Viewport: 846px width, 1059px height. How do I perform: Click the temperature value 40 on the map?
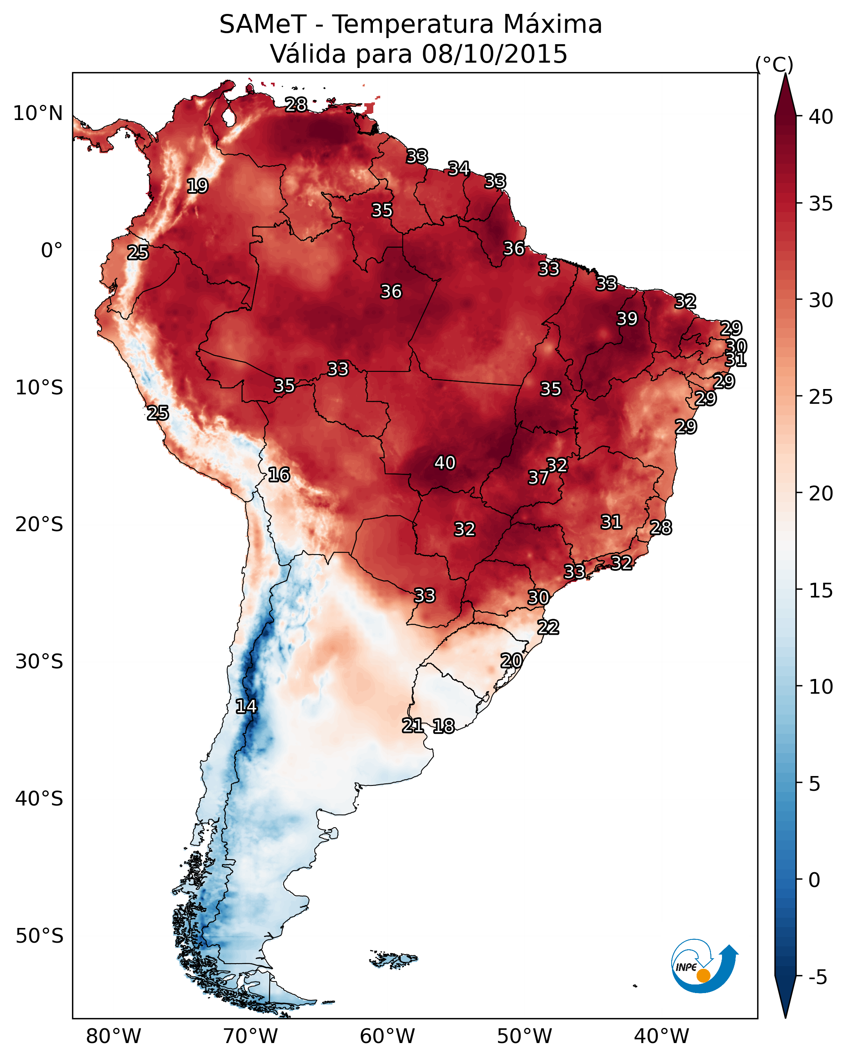coord(445,463)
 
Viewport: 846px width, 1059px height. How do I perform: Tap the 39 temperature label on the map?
coord(627,319)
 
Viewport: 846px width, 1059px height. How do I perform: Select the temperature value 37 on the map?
coord(538,477)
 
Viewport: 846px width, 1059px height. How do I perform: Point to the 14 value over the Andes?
coord(246,706)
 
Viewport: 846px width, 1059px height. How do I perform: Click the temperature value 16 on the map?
coord(279,475)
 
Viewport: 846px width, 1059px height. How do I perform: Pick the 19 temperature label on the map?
coord(197,186)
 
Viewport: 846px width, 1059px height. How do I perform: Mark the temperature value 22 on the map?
coord(548,627)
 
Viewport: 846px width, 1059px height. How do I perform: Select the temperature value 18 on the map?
coord(444,726)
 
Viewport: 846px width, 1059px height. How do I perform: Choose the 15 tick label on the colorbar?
coord(821,591)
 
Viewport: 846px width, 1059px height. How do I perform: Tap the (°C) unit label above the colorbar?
coord(774,64)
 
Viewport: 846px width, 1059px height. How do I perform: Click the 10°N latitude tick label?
coord(38,113)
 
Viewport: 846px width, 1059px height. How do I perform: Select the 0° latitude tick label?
coord(52,251)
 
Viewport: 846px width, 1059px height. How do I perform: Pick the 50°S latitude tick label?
coord(39,936)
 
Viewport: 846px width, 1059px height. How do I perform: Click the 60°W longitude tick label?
coord(388,1036)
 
